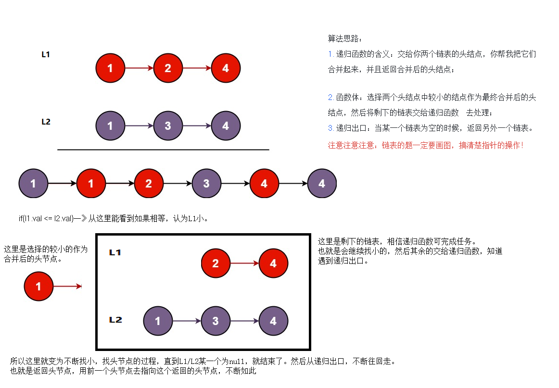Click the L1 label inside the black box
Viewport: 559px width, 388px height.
coord(115,252)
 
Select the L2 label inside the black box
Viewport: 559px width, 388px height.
coord(115,320)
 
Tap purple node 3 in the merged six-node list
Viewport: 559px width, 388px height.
coord(206,184)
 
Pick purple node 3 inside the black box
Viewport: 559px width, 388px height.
coord(216,321)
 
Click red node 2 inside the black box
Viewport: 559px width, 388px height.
coord(216,263)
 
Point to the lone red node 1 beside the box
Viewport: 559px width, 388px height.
coord(38,287)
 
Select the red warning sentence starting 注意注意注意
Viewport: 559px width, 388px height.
coord(425,145)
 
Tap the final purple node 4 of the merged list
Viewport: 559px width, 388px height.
coord(322,184)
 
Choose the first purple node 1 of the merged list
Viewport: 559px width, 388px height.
coord(33,184)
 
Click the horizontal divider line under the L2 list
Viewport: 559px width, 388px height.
coord(163,150)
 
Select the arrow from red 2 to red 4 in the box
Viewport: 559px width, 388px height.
coord(244,263)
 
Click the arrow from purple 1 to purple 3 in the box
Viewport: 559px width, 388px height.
coord(187,321)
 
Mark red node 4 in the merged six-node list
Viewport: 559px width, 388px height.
coord(264,184)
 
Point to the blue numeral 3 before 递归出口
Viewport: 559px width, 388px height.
coord(330,128)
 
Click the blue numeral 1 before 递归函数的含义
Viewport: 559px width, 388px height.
coord(330,54)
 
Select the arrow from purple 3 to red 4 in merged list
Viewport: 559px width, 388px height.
coord(235,184)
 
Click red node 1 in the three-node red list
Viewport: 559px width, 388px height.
coord(110,68)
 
